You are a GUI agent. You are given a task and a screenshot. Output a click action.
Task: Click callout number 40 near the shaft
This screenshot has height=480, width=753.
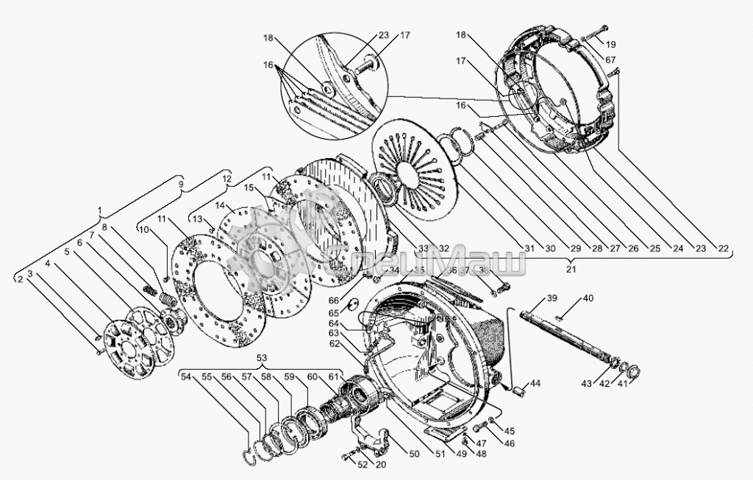click(x=588, y=298)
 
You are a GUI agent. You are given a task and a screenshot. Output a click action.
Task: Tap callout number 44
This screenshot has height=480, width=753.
click(x=535, y=384)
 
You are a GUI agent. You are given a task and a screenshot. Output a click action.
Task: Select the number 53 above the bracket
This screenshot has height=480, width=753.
click(x=262, y=357)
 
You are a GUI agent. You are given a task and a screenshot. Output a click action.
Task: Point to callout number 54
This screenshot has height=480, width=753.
click(x=187, y=377)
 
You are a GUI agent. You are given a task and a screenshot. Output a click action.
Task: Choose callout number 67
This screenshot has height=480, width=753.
click(x=611, y=59)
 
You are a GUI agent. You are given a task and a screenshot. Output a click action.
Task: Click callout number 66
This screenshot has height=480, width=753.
click(x=334, y=300)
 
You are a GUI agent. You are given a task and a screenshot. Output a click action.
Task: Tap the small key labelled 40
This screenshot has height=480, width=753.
click(x=561, y=318)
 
